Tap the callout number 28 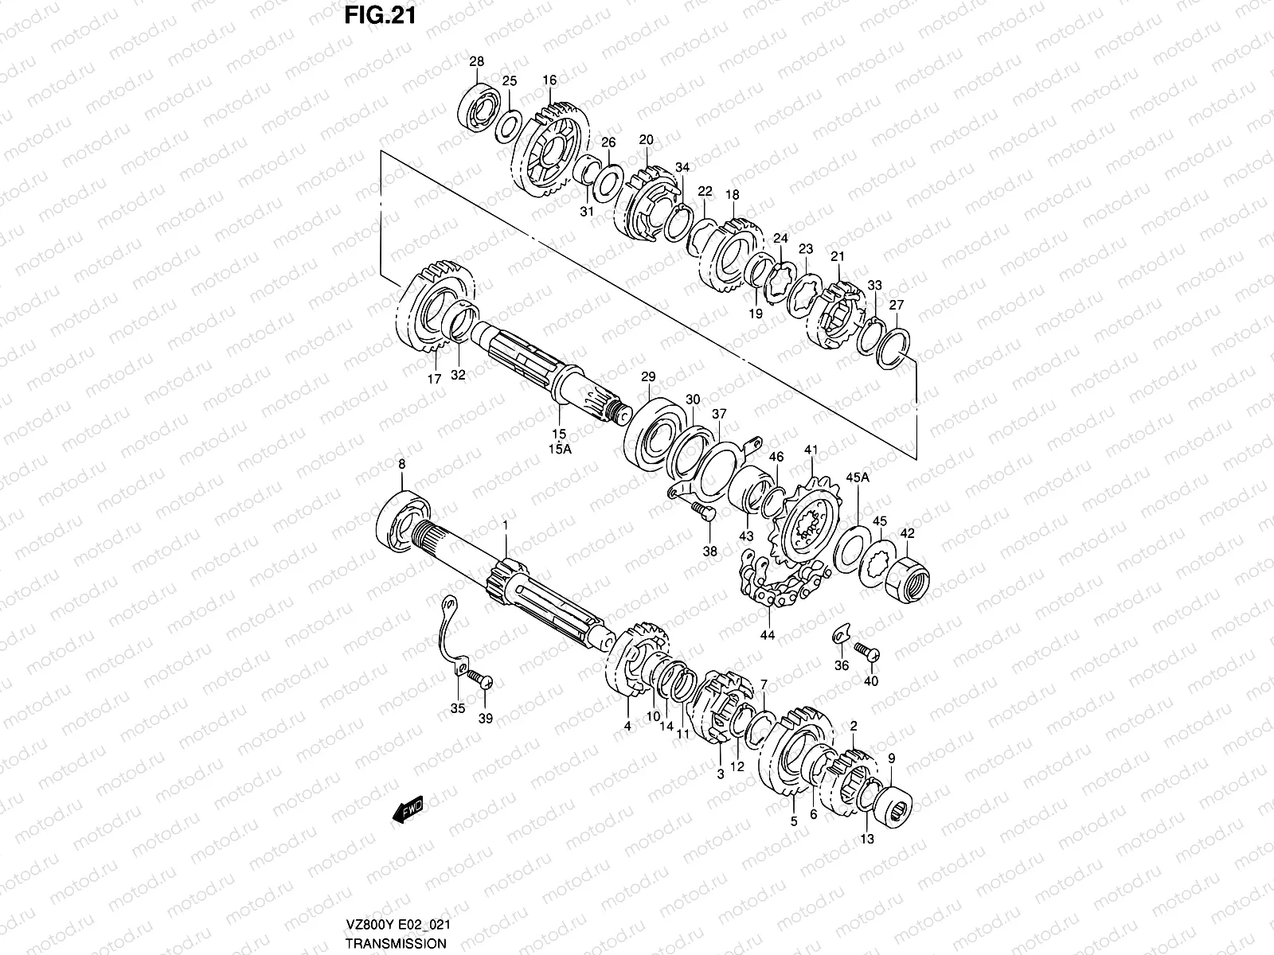point(476,62)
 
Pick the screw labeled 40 point(866,654)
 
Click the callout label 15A point(560,449)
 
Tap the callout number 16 point(549,80)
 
